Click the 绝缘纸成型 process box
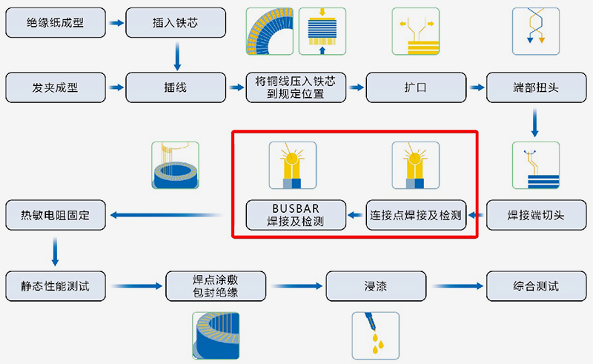click(x=55, y=23)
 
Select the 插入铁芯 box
click(x=176, y=23)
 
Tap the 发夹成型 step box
click(x=55, y=87)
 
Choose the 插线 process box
click(x=176, y=87)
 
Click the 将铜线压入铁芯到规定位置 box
click(x=296, y=87)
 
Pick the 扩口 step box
click(x=417, y=87)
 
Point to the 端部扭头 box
click(x=536, y=87)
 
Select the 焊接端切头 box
click(x=536, y=216)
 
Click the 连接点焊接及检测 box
click(x=416, y=216)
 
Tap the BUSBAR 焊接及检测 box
click(x=296, y=216)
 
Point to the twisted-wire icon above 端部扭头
click(x=536, y=30)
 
